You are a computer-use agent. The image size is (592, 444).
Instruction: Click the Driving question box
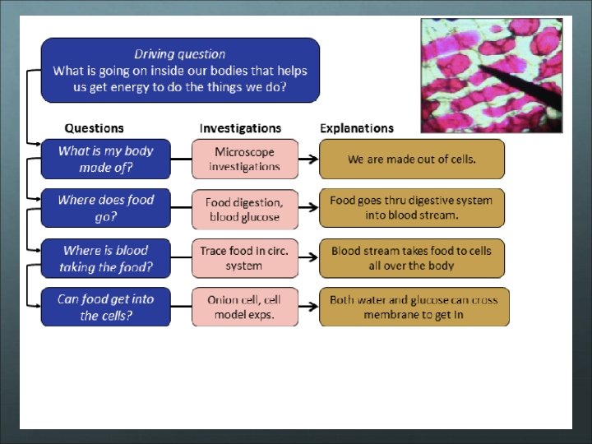[180, 70]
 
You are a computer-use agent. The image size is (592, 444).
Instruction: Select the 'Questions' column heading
[94, 128]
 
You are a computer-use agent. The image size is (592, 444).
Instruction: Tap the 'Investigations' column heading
[240, 128]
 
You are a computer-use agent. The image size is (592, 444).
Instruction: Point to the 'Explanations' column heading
[356, 128]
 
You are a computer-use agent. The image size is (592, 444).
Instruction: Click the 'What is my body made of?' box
[106, 160]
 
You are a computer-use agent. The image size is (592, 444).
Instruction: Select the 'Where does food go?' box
[106, 209]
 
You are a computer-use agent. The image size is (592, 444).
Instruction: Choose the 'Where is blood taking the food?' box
[106, 259]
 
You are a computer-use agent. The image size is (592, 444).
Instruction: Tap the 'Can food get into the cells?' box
[106, 308]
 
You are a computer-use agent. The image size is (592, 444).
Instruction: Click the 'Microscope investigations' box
[245, 160]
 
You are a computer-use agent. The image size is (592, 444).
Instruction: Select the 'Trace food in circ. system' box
[245, 259]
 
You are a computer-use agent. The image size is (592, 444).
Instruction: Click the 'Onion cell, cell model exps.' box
[245, 308]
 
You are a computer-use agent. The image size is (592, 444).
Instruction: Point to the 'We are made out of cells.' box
[411, 160]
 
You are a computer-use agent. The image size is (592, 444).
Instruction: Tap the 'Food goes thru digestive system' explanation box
[411, 209]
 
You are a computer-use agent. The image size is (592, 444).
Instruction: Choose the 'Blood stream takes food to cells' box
[411, 259]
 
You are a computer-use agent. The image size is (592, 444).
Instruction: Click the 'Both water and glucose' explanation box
[414, 308]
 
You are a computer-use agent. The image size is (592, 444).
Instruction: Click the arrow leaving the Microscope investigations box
[308, 160]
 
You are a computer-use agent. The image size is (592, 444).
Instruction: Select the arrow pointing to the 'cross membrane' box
[308, 308]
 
